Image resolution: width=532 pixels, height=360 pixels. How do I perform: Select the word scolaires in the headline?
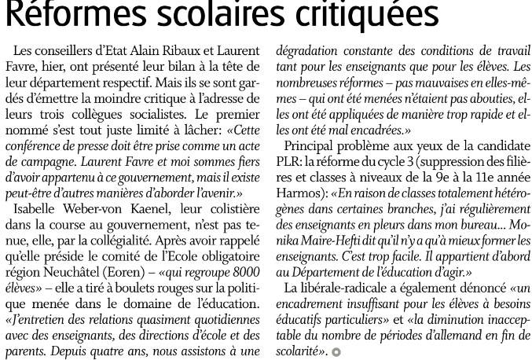(213, 14)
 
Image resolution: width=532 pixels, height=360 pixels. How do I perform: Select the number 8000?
(243, 256)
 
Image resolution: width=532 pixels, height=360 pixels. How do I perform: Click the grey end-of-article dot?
(336, 353)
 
